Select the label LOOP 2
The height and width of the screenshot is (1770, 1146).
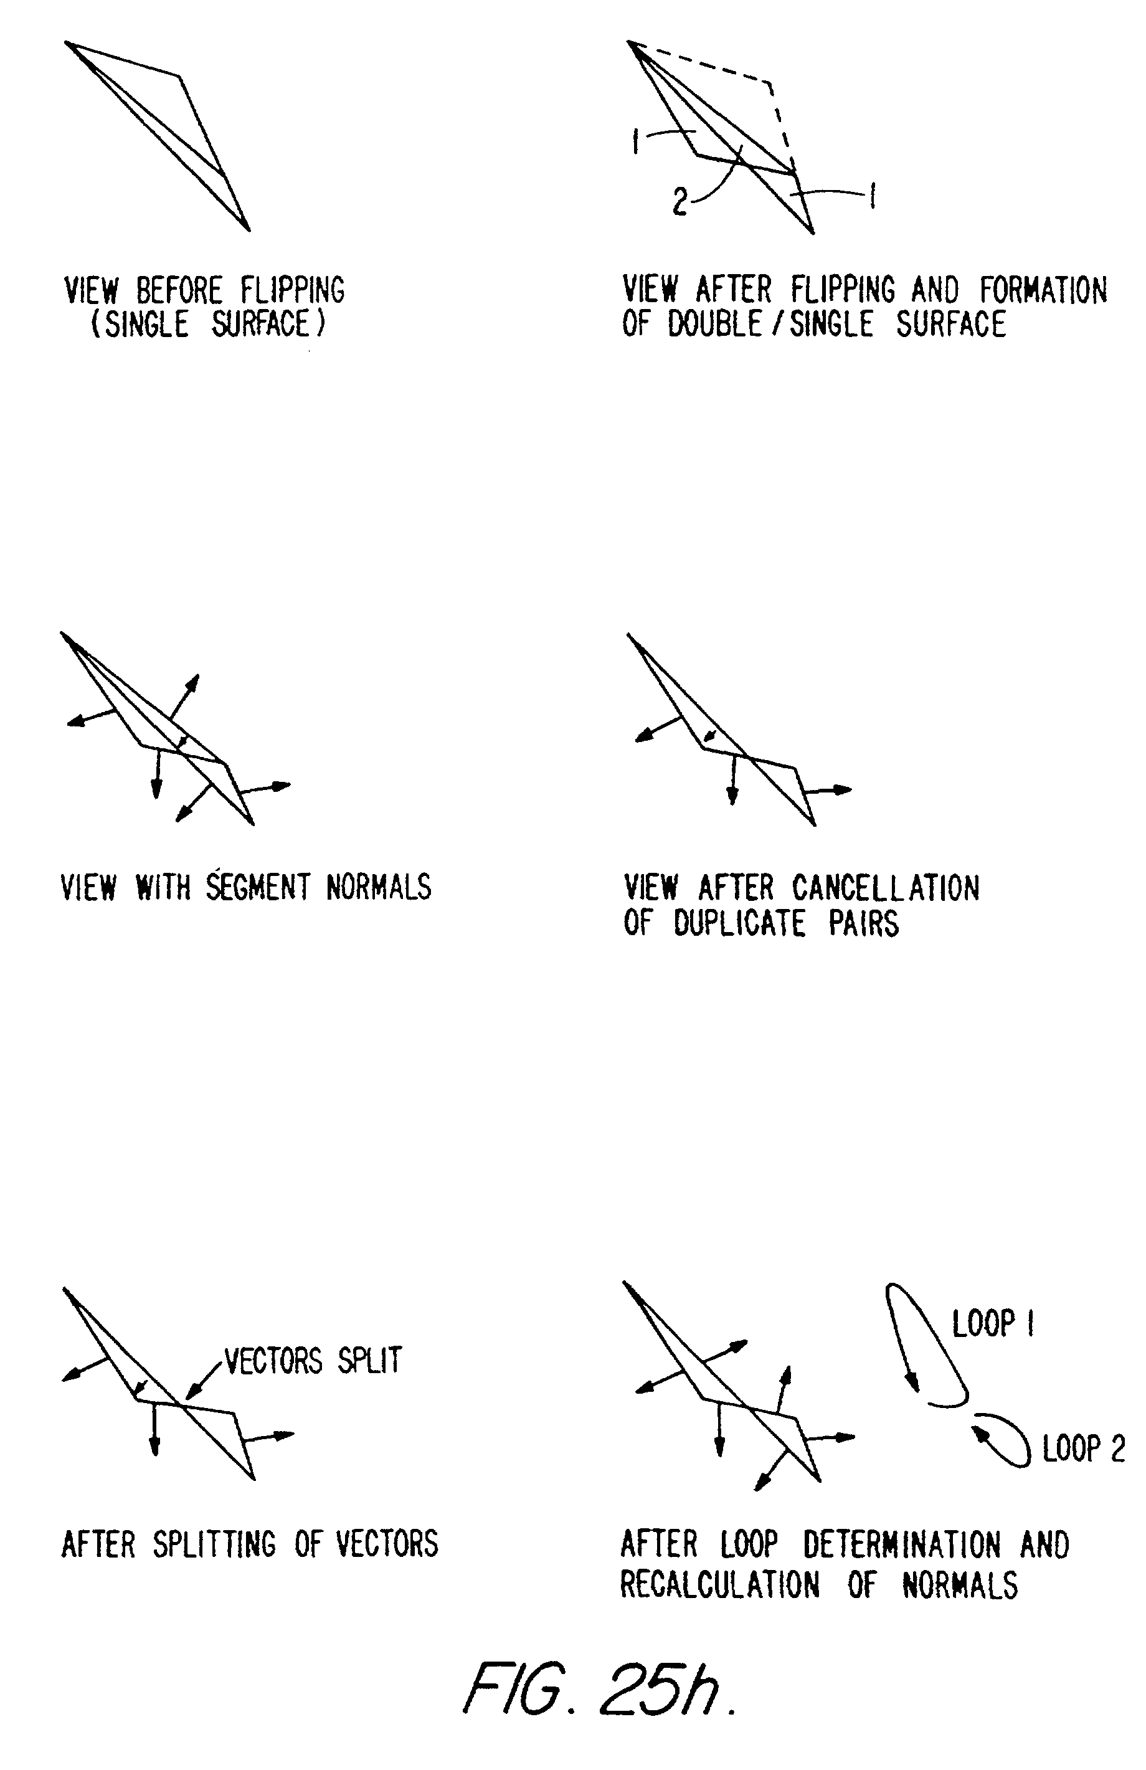(x=1084, y=1449)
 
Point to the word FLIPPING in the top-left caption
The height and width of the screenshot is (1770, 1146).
(x=292, y=290)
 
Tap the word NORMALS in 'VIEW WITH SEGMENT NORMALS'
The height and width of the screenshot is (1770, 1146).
(x=379, y=887)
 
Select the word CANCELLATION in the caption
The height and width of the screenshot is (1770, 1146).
(x=885, y=888)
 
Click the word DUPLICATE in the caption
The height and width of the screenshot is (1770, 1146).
(x=739, y=924)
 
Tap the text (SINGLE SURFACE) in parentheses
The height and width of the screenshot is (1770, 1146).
(x=208, y=324)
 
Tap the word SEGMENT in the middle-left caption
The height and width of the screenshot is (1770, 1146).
(x=258, y=887)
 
